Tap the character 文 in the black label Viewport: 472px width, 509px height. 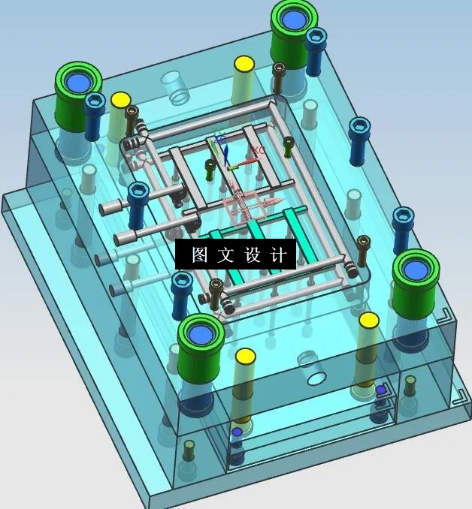point(225,254)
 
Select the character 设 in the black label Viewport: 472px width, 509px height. point(252,254)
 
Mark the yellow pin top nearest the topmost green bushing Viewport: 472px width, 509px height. point(243,64)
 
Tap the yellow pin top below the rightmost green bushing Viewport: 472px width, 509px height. point(368,321)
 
